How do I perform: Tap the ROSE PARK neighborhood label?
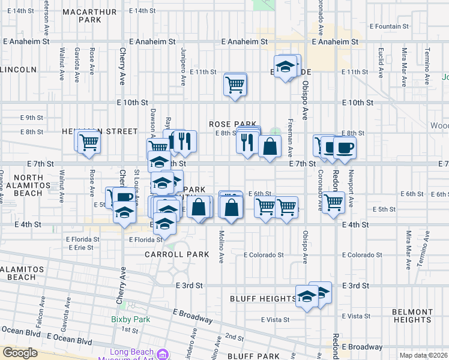click(232, 124)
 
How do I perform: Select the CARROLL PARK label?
click(177, 254)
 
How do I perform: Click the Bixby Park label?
click(130, 320)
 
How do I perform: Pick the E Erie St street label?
click(81, 247)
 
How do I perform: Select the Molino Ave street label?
click(221, 247)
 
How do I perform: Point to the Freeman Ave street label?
click(291, 145)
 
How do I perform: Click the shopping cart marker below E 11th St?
click(235, 83)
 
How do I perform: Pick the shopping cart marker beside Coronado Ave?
click(333, 202)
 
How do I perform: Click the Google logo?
click(20, 353)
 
